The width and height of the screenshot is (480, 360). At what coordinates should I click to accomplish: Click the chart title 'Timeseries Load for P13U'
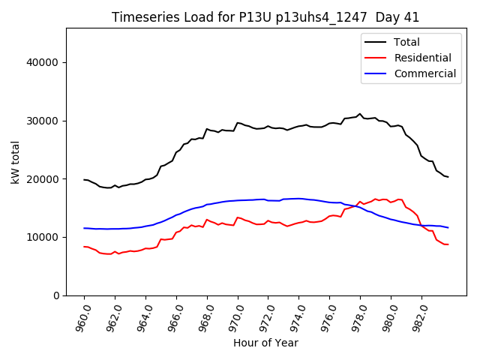point(265,17)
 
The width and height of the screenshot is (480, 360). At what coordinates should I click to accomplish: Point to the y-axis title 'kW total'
point(15,162)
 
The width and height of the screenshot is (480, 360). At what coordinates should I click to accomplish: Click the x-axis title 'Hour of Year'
point(265,343)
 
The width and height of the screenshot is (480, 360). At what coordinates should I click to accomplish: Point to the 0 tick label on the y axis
point(56,295)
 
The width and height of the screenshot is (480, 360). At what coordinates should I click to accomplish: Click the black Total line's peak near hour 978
point(360,114)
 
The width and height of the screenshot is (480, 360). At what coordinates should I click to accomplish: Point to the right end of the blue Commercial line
point(448,227)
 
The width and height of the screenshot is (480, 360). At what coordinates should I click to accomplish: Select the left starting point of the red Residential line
point(84,247)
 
